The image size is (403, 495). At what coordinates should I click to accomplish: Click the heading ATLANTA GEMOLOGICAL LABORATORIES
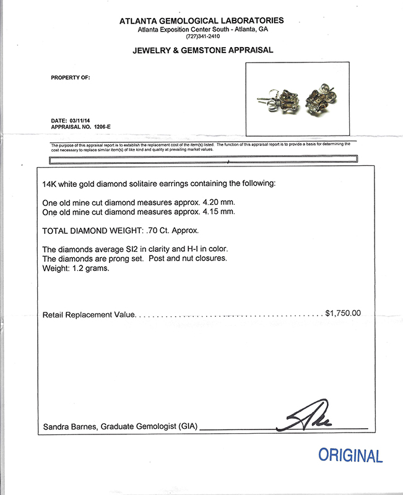pyautogui.click(x=202, y=21)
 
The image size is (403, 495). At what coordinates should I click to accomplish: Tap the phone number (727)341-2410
pyautogui.click(x=202, y=36)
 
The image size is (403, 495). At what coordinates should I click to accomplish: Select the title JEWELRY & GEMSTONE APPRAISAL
pyautogui.click(x=202, y=50)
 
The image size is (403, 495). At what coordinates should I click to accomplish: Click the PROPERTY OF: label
pyautogui.click(x=70, y=78)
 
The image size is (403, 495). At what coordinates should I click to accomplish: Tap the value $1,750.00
pyautogui.click(x=342, y=314)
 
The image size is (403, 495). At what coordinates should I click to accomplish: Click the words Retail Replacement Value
pyautogui.click(x=89, y=315)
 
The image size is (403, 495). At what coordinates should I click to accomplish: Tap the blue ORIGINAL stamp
pyautogui.click(x=350, y=456)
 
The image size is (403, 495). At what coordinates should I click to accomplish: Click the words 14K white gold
pyautogui.click(x=69, y=184)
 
